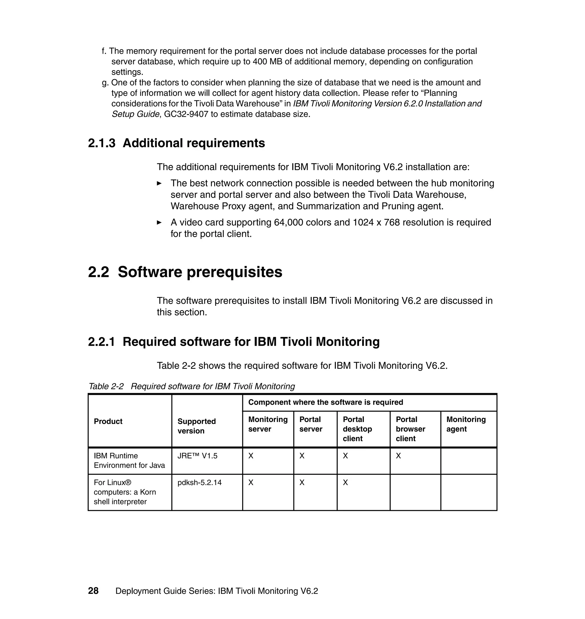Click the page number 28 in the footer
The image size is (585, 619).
[x=93, y=591]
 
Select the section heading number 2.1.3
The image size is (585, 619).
[x=102, y=143]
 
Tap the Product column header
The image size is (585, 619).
[x=108, y=421]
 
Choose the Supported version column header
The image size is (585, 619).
[x=197, y=426]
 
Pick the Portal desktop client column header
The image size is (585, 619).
[x=357, y=429]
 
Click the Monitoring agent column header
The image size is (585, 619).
[x=466, y=424]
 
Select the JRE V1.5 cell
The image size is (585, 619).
[x=197, y=456]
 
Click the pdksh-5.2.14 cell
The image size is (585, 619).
[x=200, y=483]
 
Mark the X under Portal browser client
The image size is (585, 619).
[x=398, y=456]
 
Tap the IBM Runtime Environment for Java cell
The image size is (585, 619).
[x=129, y=460]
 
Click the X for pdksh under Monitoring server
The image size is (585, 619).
[x=251, y=483]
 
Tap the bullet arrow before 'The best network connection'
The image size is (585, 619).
[x=159, y=183]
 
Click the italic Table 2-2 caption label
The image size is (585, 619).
[x=106, y=386]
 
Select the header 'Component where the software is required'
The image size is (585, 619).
[x=326, y=402]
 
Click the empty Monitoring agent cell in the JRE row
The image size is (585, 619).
[x=468, y=461]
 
